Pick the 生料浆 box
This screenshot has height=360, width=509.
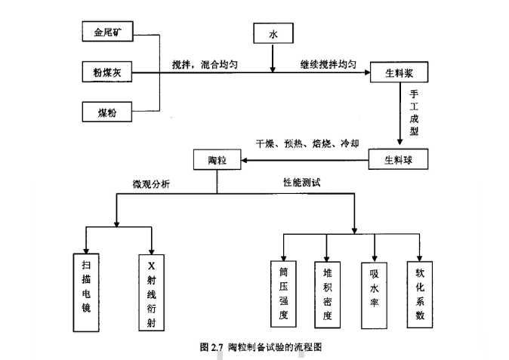point(399,73)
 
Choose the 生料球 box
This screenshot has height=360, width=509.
point(398,160)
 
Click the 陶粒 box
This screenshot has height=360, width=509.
point(217,160)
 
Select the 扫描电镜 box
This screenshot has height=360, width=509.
point(86,290)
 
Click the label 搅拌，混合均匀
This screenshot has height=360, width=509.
point(205,65)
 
